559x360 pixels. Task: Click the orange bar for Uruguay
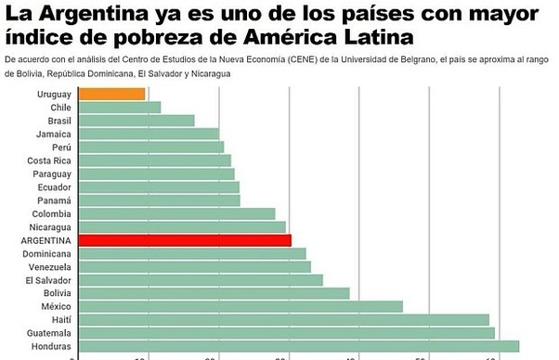click(x=111, y=94)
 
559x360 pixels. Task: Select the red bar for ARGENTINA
click(x=185, y=239)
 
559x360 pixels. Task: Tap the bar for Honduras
click(x=298, y=346)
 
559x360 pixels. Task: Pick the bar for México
click(x=240, y=306)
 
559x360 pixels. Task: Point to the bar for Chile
click(x=119, y=108)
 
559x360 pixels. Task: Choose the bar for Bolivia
click(x=214, y=293)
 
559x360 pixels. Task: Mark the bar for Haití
click(x=283, y=319)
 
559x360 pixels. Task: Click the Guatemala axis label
click(x=49, y=333)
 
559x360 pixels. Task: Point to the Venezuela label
click(x=49, y=266)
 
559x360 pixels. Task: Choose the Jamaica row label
click(x=54, y=134)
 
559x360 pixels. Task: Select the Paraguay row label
click(x=51, y=174)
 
